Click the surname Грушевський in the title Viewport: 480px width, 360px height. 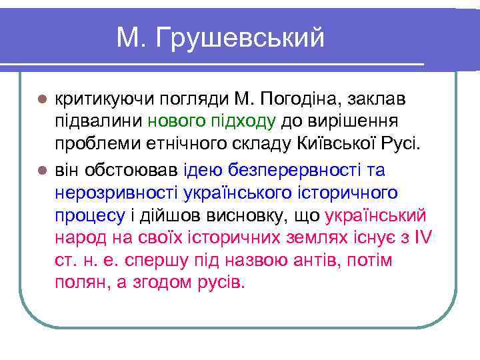(x=241, y=38)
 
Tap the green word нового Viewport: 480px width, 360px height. (x=176, y=122)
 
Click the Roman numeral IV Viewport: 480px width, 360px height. (x=423, y=237)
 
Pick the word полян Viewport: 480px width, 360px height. (x=78, y=282)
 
